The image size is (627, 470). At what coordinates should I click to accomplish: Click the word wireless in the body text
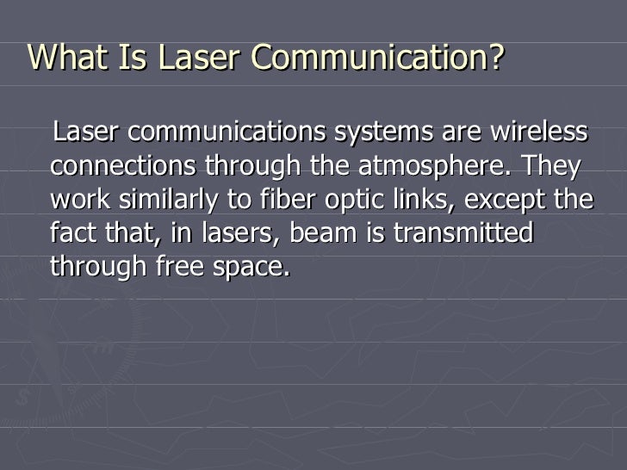point(539,133)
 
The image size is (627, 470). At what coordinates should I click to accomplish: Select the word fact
point(75,233)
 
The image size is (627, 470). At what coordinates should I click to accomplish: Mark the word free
point(183,267)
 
